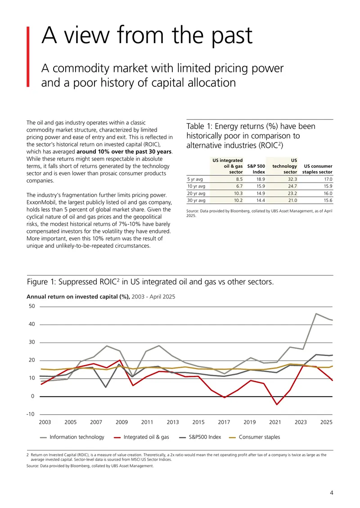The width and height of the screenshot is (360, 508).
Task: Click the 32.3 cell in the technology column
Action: pyautogui.click(x=292, y=179)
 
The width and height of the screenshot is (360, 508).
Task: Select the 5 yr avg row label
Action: pyautogui.click(x=195, y=179)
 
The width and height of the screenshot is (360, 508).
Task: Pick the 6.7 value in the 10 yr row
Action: pyautogui.click(x=239, y=186)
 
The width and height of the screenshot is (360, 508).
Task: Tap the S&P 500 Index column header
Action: pyautogui.click(x=256, y=169)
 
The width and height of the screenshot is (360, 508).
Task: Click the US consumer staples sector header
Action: pyautogui.click(x=317, y=169)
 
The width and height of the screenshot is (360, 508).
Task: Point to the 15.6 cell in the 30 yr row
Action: pyautogui.click(x=328, y=201)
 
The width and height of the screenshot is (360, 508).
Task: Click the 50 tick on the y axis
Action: pyautogui.click(x=32, y=306)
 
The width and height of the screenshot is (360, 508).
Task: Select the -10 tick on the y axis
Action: pyautogui.click(x=31, y=414)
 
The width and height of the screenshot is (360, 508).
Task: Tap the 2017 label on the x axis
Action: pyautogui.click(x=224, y=422)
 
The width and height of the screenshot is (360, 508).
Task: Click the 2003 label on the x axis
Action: pyautogui.click(x=45, y=422)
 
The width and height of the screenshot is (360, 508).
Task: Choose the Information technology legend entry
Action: pyautogui.click(x=72, y=437)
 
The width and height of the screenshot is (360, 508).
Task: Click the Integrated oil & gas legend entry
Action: pyautogui.click(x=142, y=437)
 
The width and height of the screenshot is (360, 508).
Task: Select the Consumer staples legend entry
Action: pyautogui.click(x=255, y=437)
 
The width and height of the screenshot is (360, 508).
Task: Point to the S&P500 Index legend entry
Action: pyautogui.click(x=200, y=437)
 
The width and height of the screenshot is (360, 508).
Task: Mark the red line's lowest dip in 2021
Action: pyautogui.click(x=277, y=404)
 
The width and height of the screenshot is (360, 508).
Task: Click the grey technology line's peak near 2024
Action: pyautogui.click(x=316, y=314)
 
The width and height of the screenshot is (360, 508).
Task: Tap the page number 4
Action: pyautogui.click(x=332, y=493)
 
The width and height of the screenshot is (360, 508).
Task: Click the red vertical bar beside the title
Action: pyautogui.click(x=28, y=57)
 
